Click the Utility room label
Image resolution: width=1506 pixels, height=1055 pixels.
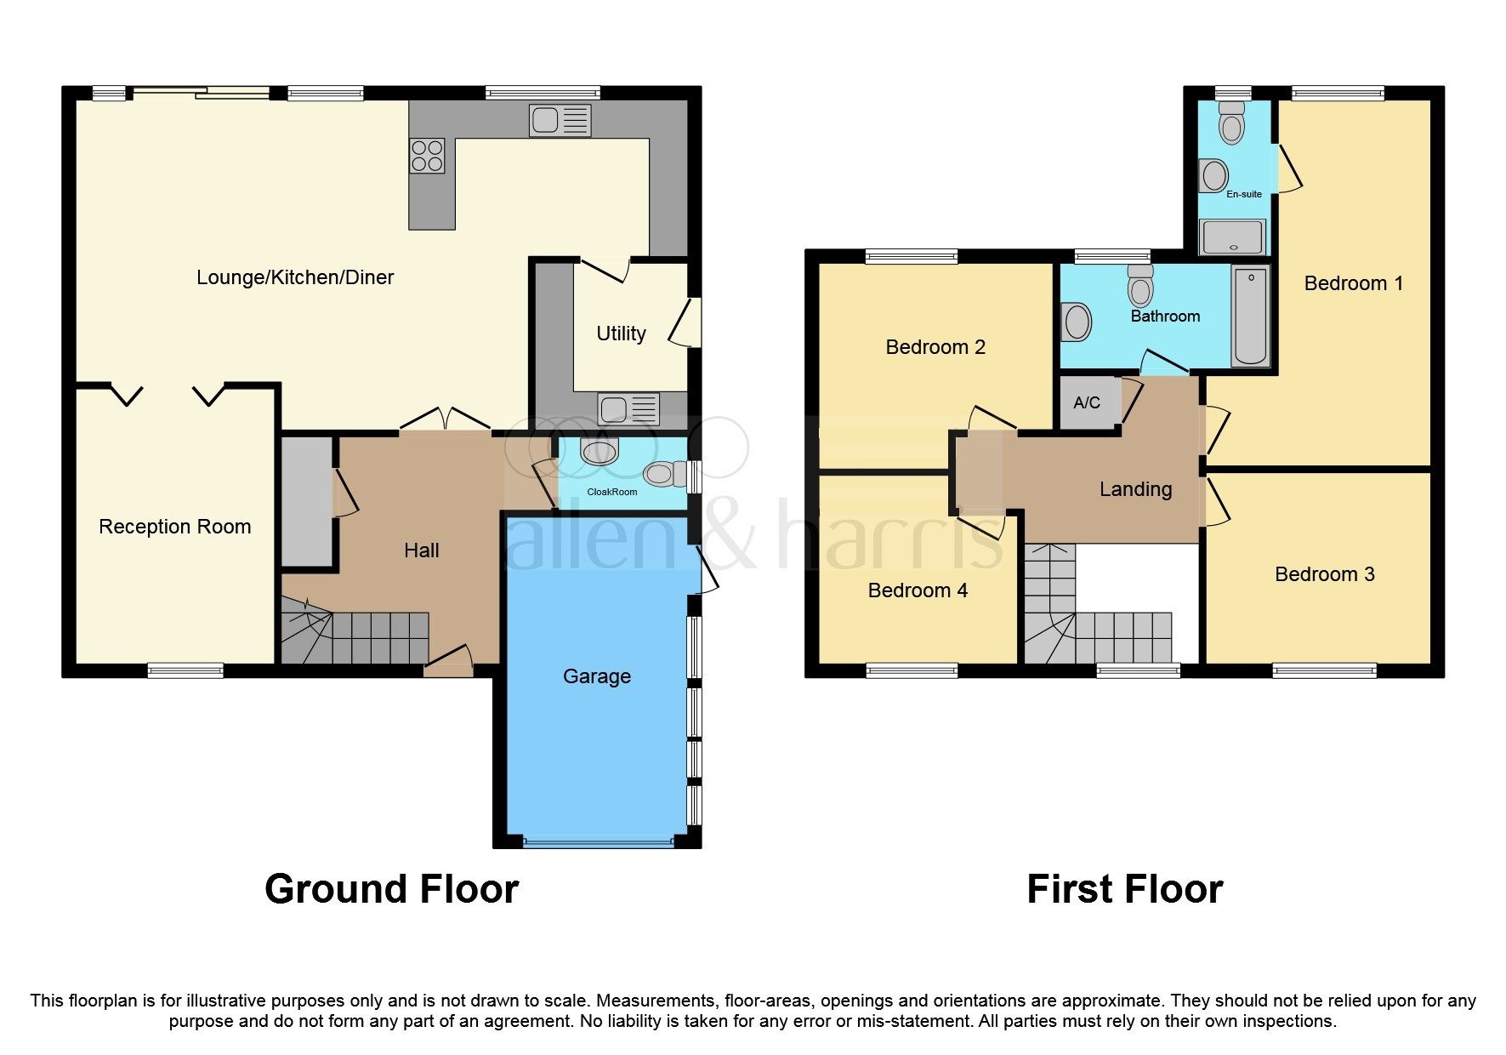pyautogui.click(x=621, y=334)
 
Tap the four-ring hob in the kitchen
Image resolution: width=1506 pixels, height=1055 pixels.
pyautogui.click(x=427, y=156)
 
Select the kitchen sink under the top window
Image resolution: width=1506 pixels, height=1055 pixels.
pyautogui.click(x=560, y=120)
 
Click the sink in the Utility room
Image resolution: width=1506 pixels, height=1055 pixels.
pyautogui.click(x=628, y=409)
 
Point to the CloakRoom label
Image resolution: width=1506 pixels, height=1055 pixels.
pyautogui.click(x=612, y=492)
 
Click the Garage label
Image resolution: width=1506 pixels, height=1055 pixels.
pyautogui.click(x=597, y=676)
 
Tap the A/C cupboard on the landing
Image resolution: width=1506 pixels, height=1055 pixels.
pyautogui.click(x=1087, y=402)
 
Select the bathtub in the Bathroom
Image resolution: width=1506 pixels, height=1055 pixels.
pyautogui.click(x=1251, y=316)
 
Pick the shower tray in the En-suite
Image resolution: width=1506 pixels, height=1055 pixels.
pyautogui.click(x=1232, y=237)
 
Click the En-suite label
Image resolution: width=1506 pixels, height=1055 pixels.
pyautogui.click(x=1244, y=194)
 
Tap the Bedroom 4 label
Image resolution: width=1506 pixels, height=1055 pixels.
pyautogui.click(x=918, y=590)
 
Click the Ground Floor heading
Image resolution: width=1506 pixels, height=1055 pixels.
pyautogui.click(x=391, y=889)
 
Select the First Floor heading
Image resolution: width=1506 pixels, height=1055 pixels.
pyautogui.click(x=1124, y=889)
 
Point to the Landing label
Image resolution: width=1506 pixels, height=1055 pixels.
pyautogui.click(x=1135, y=489)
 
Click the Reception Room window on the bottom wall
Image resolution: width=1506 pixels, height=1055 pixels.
pyautogui.click(x=185, y=670)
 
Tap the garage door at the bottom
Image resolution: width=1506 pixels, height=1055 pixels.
pyautogui.click(x=597, y=842)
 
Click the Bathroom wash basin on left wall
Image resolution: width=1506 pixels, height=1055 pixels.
pyautogui.click(x=1077, y=322)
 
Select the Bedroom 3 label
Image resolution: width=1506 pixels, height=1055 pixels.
pyautogui.click(x=1324, y=574)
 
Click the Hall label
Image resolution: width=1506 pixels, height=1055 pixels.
pyautogui.click(x=421, y=550)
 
